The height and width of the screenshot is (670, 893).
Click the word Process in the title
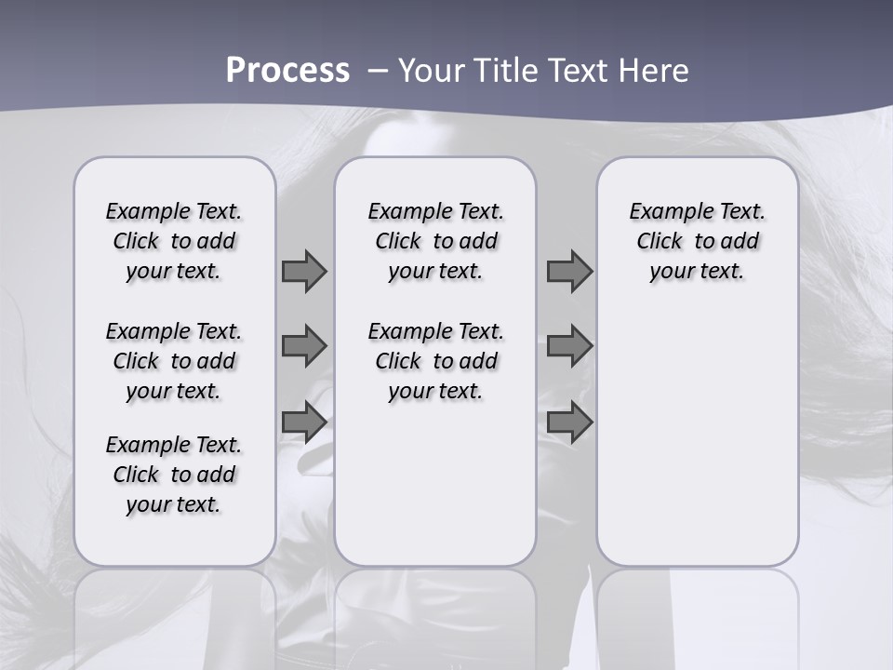287,70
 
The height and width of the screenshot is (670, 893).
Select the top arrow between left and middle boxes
304,271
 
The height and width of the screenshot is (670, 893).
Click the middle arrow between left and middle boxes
304,345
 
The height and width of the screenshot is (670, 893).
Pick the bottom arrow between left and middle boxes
304,422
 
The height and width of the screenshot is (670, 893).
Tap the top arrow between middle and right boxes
569,271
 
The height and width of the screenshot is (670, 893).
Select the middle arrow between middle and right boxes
569,345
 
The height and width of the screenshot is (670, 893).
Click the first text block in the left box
174,241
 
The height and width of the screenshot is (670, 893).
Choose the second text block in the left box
174,361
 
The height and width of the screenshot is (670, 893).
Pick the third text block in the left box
174,475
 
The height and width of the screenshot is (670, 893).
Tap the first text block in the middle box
435,241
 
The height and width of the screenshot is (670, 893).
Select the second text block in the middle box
435,361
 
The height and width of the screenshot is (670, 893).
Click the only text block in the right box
697,241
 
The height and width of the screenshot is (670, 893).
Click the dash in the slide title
377,71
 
